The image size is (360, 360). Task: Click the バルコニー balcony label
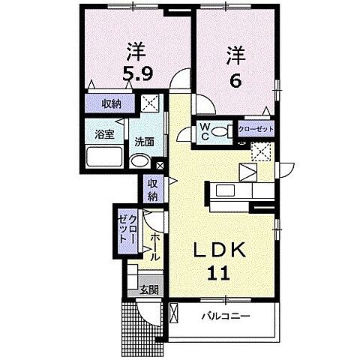click(x=224, y=316)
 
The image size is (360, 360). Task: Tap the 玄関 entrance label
click(x=148, y=290)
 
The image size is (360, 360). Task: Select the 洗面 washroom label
click(x=144, y=140)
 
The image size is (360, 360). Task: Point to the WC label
click(x=203, y=132)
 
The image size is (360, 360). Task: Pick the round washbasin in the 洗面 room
click(x=139, y=161)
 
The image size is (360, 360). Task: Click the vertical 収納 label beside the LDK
click(x=152, y=190)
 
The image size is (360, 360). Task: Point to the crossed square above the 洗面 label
click(x=151, y=103)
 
